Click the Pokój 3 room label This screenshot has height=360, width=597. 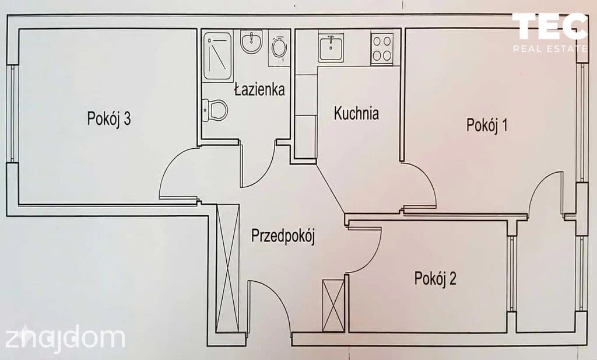pos(109,118)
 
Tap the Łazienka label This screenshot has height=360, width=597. pos(259,89)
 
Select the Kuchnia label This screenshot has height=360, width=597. pos(356,113)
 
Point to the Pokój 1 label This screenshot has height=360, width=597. pos(487,125)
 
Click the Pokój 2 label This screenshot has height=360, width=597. pos(435,278)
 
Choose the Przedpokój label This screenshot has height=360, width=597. pos(283,236)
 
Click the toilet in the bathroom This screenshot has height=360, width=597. pos(215,110)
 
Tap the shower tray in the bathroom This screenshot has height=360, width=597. pos(217,57)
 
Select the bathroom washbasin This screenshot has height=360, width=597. pos(251,41)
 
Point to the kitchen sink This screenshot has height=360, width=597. pos(331,47)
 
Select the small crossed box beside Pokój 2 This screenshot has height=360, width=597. pos(333,305)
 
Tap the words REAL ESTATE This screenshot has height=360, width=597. pos(550,48)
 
